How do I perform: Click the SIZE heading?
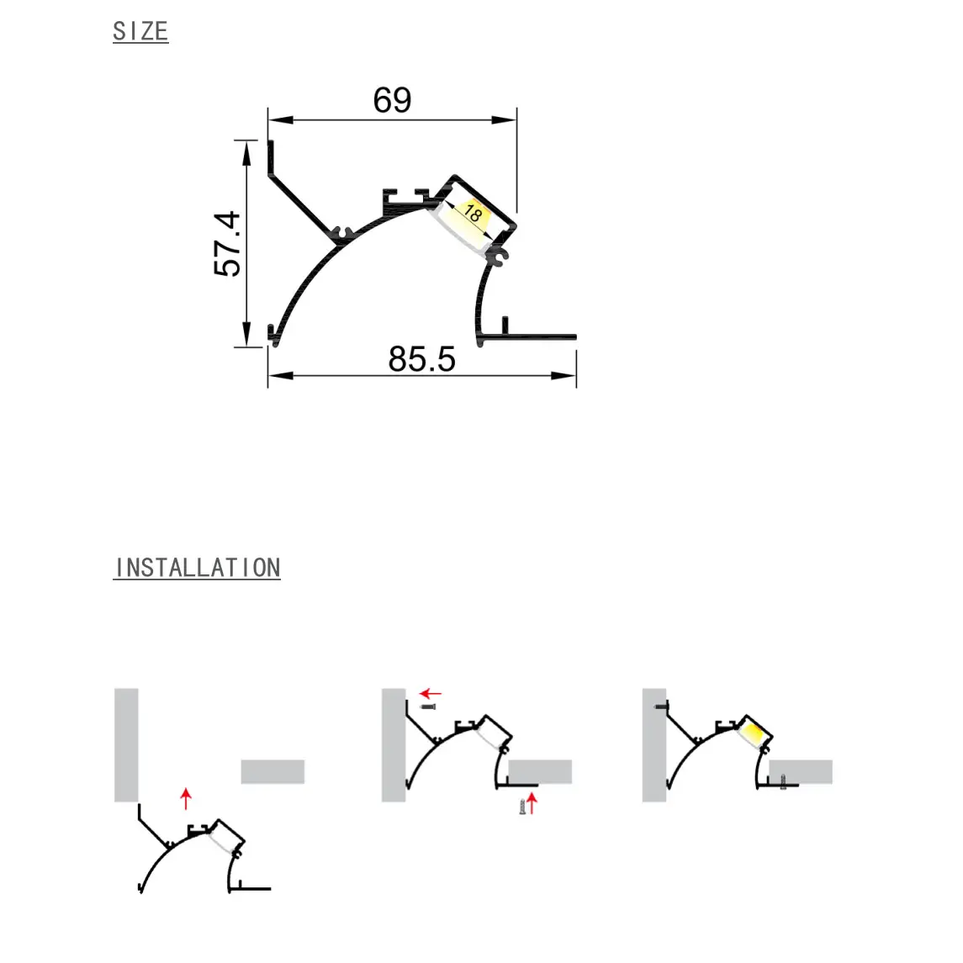[140, 31]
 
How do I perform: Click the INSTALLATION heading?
[197, 568]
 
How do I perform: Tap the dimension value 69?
[392, 100]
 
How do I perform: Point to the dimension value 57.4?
[227, 243]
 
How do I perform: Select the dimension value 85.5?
[421, 359]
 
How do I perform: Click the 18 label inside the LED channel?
[474, 214]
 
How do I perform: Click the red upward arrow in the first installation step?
[186, 798]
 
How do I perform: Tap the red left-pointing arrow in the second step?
[431, 694]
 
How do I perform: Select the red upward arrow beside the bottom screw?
[532, 804]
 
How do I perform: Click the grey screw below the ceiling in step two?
[522, 807]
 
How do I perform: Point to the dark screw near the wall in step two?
[428, 707]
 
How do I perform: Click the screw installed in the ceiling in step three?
[784, 781]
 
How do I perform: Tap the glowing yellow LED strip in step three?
[754, 733]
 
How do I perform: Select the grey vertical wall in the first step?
[126, 744]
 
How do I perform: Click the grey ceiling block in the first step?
[272, 771]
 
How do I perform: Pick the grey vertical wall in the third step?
[654, 744]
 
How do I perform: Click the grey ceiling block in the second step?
[540, 771]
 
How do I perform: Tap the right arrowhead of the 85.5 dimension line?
[565, 375]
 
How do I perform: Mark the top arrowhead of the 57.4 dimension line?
[246, 151]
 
